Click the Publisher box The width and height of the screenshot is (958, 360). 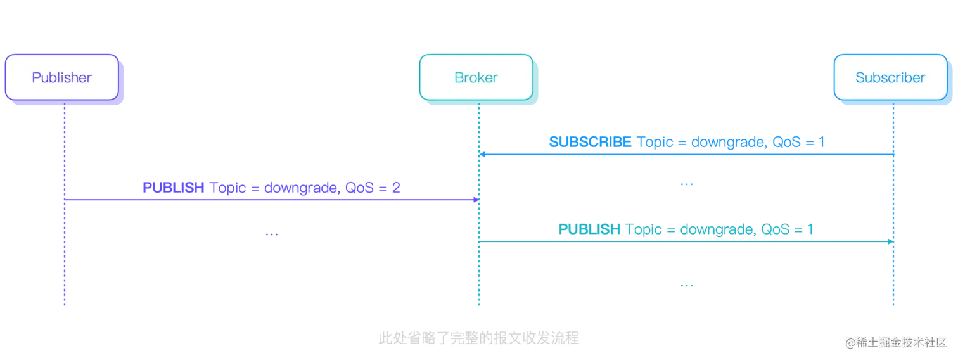[61, 78]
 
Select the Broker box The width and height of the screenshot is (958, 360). [476, 78]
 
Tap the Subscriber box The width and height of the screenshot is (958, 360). [890, 78]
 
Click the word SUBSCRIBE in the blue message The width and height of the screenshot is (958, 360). [590, 142]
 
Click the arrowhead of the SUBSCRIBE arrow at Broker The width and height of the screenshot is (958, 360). [482, 154]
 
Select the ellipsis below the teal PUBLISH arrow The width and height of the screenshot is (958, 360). [686, 286]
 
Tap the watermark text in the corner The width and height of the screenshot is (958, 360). [895, 342]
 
